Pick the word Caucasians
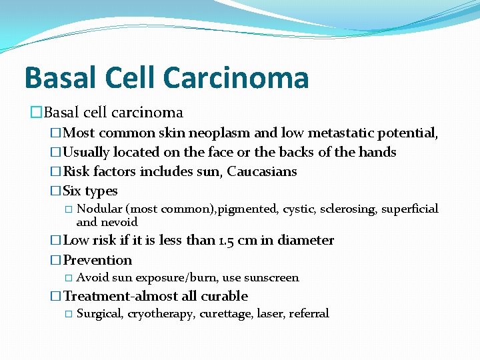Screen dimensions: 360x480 tap(262, 172)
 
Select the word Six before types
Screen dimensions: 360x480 tap(72, 191)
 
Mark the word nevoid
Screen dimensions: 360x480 tap(119, 222)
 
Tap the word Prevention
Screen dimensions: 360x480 tap(97, 260)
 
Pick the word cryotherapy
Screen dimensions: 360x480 tap(160, 314)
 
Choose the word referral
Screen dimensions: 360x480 tap(309, 313)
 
